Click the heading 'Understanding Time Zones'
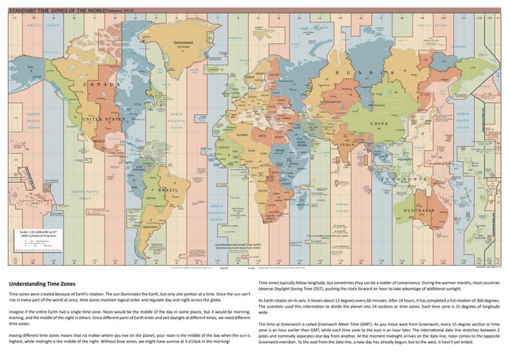click(41, 284)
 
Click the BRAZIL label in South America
click(170, 192)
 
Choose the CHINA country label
click(380, 124)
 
